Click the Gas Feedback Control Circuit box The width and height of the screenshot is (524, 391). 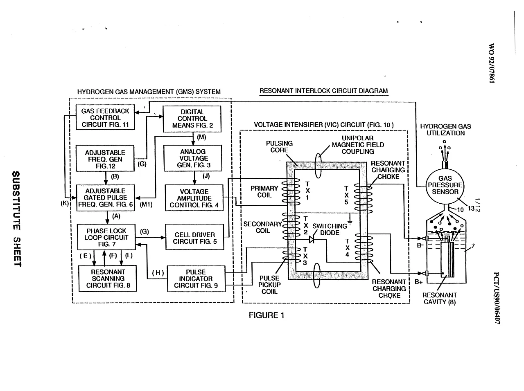tap(105, 117)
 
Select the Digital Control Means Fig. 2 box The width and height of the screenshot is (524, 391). tap(192, 119)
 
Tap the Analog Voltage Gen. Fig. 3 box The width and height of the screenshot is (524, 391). tap(193, 158)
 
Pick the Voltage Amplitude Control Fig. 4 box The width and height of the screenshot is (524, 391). tap(194, 198)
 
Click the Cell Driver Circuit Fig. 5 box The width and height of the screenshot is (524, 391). tap(195, 237)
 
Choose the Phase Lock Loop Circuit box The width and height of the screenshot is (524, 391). tap(106, 237)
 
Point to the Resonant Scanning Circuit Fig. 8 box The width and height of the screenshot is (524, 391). tap(108, 279)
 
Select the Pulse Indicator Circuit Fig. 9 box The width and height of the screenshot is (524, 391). tap(196, 279)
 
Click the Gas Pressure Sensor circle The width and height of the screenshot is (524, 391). tap(445, 185)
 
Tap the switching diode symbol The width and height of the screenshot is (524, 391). tap(311, 239)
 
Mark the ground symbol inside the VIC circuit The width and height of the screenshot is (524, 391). tap(350, 222)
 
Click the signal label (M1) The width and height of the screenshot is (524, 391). tap(146, 204)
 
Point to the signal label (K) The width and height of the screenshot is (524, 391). tap(65, 203)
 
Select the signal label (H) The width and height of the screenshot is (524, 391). tap(158, 273)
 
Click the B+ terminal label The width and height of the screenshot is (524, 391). tap(418, 282)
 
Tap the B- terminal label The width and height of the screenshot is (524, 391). tap(420, 245)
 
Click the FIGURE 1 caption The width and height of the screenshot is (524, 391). tap(267, 315)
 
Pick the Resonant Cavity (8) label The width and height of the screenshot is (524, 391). tap(440, 299)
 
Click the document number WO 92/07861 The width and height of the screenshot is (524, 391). tap(492, 63)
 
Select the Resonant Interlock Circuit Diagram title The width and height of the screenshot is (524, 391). tap(324, 91)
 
